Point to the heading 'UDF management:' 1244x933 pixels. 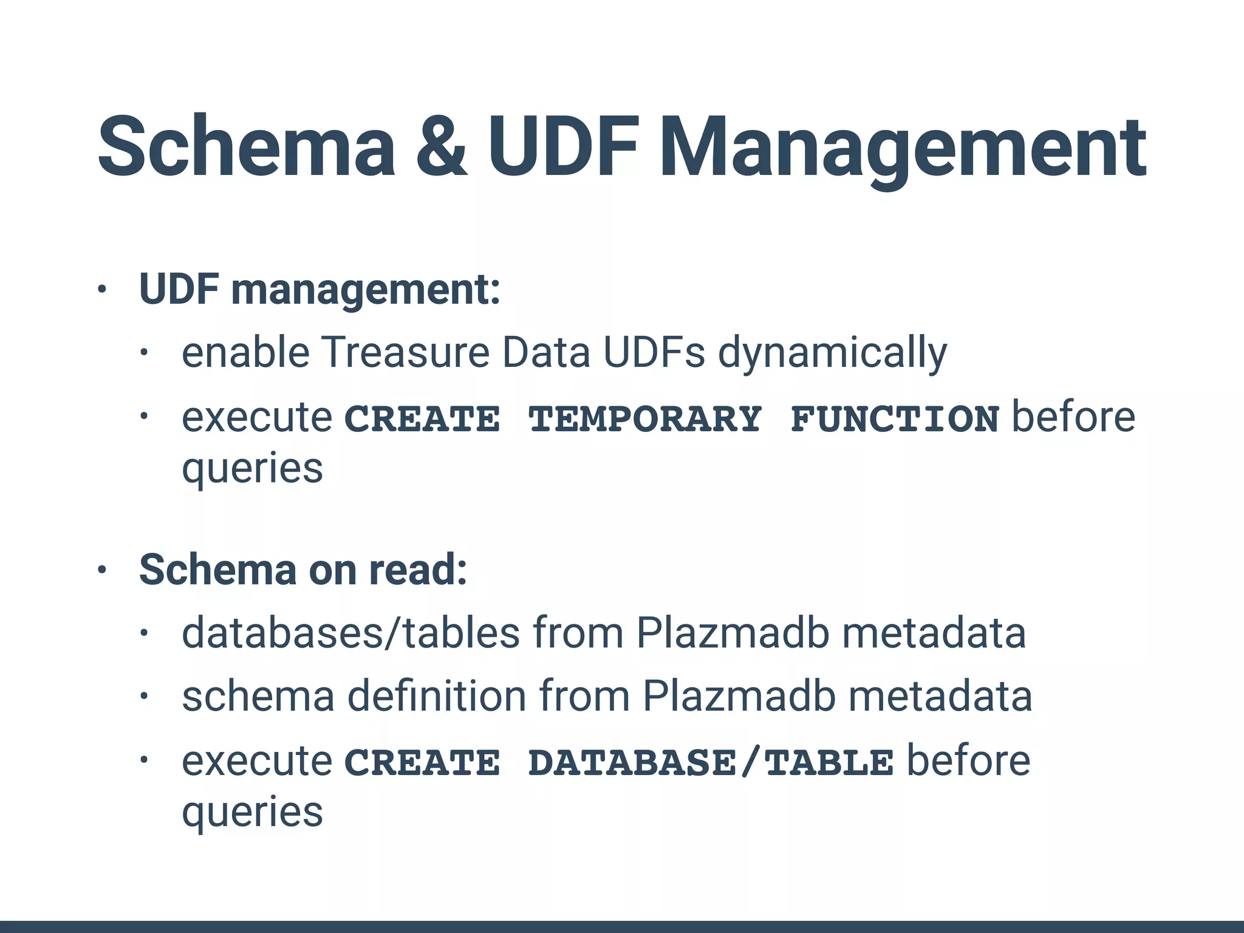coord(320,289)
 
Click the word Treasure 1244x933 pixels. coord(405,352)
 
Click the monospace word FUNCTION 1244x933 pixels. coord(895,419)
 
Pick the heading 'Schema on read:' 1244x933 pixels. coord(303,570)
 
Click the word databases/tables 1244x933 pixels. coord(350,633)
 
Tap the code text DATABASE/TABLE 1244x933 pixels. coord(711,763)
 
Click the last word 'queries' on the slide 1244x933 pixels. coord(252,813)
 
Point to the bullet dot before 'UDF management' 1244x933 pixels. coord(101,290)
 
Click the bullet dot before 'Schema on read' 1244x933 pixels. coord(101,570)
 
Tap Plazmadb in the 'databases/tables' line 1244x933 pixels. coord(733,633)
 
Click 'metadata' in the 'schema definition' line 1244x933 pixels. coord(940,696)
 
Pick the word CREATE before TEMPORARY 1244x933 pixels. coord(423,419)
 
